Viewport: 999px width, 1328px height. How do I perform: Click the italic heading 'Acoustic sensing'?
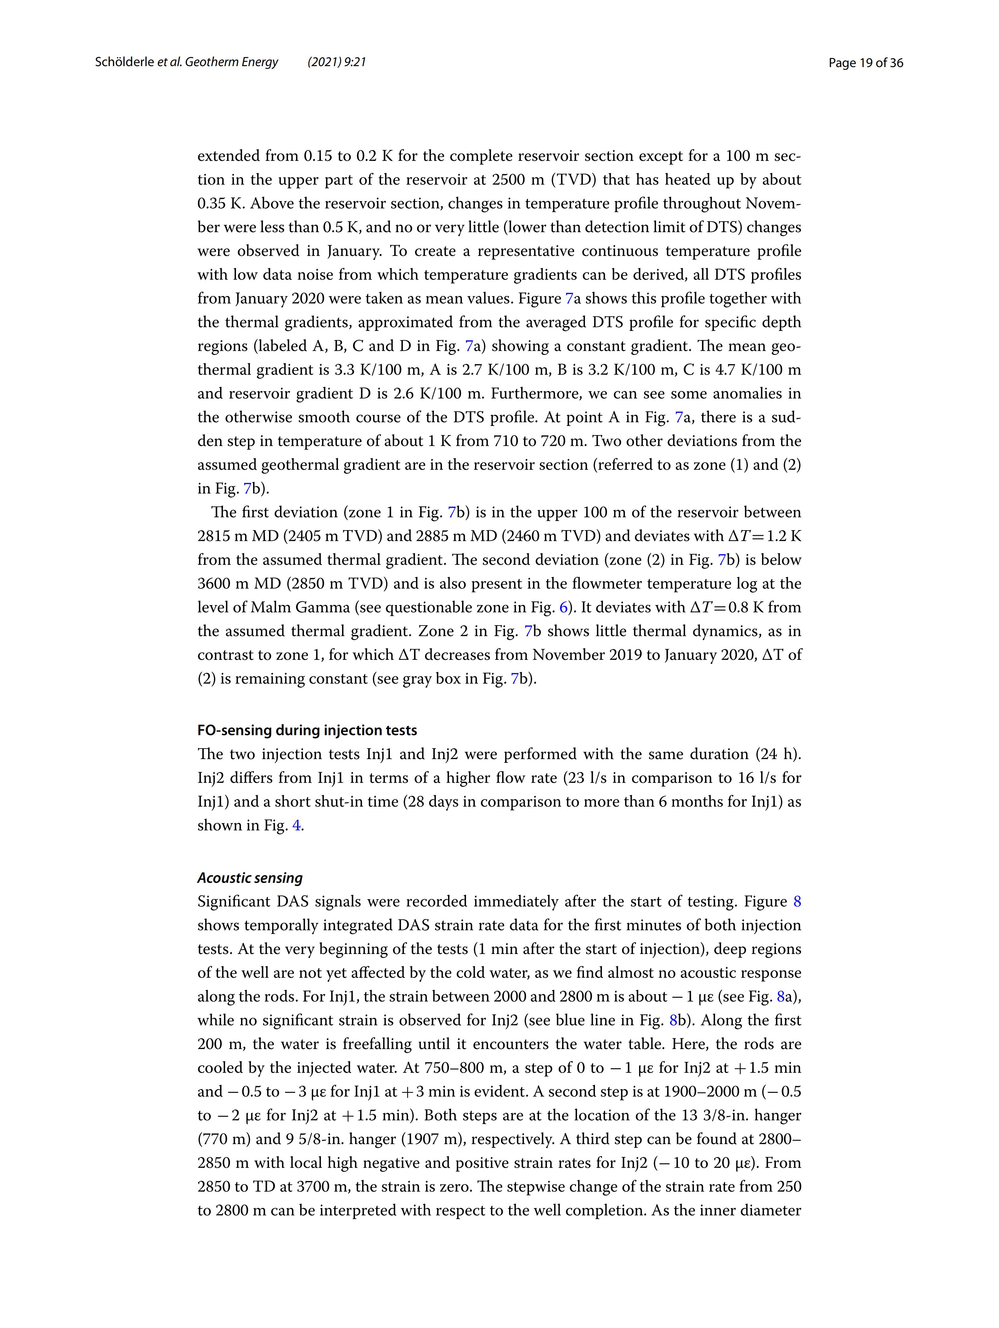tap(250, 878)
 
